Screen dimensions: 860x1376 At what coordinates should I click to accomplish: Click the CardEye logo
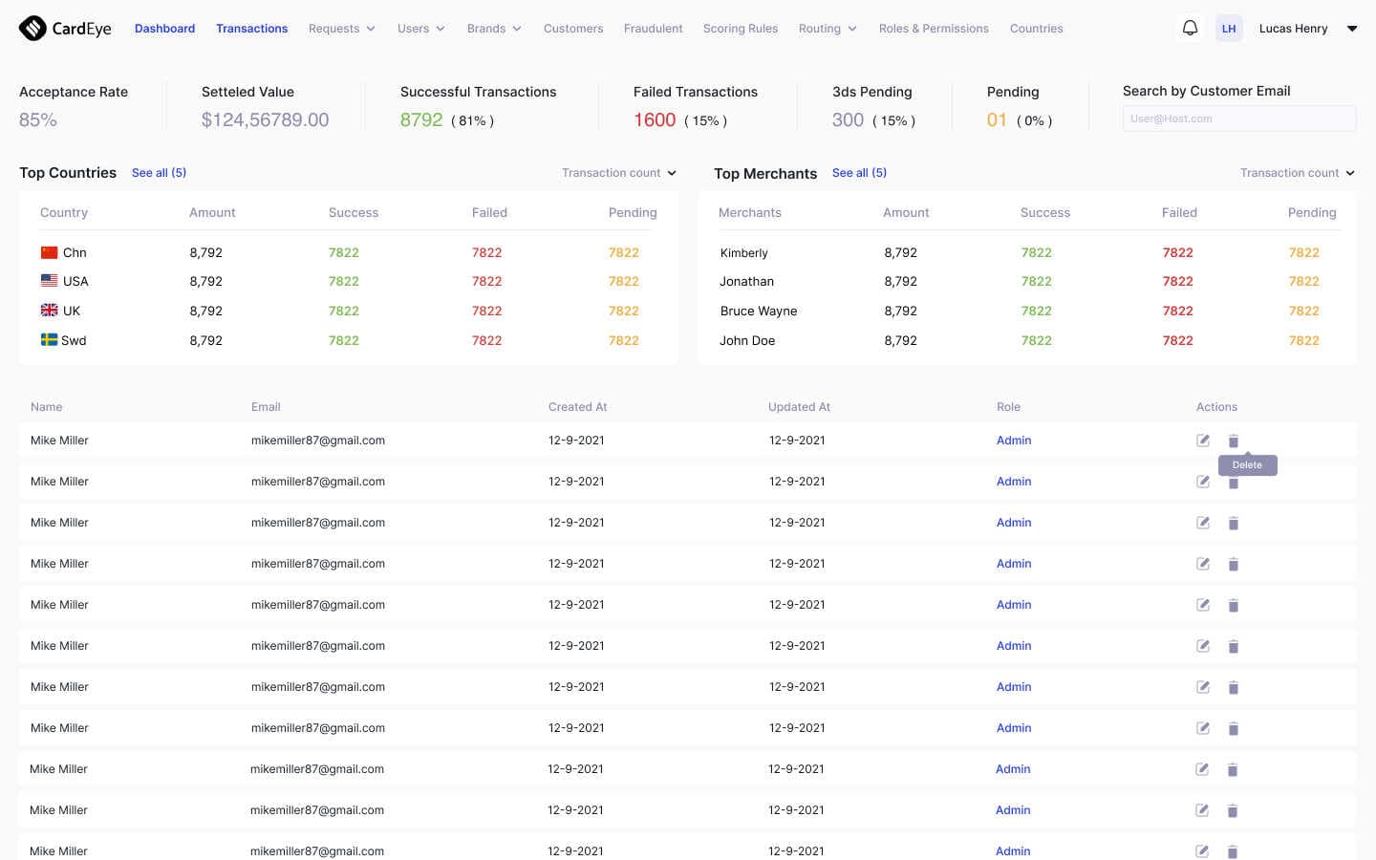click(x=65, y=29)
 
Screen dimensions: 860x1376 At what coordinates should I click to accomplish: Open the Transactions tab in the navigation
click(x=251, y=29)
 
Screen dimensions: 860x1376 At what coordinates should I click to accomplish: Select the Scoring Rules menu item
click(x=740, y=29)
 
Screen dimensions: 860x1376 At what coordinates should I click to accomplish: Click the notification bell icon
click(x=1190, y=28)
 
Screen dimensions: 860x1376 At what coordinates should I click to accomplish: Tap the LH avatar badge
click(x=1229, y=29)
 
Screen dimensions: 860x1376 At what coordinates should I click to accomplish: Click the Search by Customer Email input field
click(x=1238, y=118)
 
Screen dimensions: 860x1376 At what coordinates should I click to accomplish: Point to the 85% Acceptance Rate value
click(x=38, y=120)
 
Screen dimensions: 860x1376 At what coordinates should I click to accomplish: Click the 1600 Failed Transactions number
click(x=655, y=120)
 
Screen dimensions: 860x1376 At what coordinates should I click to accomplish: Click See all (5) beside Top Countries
click(x=159, y=173)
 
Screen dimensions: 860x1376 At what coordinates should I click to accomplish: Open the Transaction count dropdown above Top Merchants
click(x=1297, y=173)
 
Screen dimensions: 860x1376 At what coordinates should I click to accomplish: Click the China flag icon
click(x=50, y=253)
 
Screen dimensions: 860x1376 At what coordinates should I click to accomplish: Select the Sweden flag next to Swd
click(x=50, y=340)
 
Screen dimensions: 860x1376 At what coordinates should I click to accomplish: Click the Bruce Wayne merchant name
click(x=759, y=312)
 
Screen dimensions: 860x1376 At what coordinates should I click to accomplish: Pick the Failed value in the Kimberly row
click(x=1177, y=253)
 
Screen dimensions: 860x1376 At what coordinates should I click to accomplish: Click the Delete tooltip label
click(x=1247, y=465)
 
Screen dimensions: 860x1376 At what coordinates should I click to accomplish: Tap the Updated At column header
click(x=799, y=407)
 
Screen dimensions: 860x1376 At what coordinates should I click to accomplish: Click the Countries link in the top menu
click(x=1036, y=29)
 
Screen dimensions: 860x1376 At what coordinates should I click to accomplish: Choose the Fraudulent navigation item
click(x=653, y=29)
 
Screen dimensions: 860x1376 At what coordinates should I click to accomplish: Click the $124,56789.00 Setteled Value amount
click(x=265, y=120)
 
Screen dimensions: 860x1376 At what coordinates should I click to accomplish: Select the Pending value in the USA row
click(x=623, y=282)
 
